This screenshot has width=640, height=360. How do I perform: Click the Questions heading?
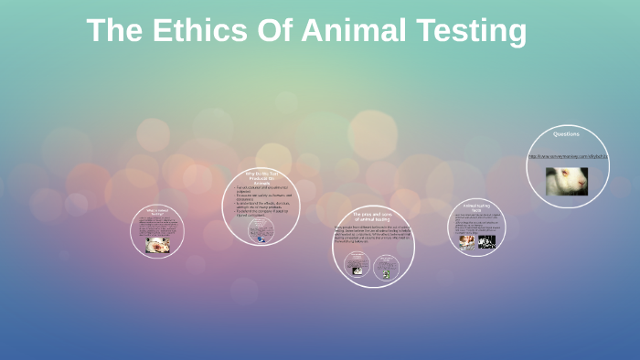coord(566,134)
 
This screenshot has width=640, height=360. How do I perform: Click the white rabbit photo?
coord(567,180)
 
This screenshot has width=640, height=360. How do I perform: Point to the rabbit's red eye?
coord(560,177)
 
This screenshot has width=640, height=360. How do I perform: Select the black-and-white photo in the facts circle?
coord(486,242)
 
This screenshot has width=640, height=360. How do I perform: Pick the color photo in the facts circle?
coord(466,242)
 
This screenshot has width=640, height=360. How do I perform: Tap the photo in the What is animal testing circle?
coord(157,244)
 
